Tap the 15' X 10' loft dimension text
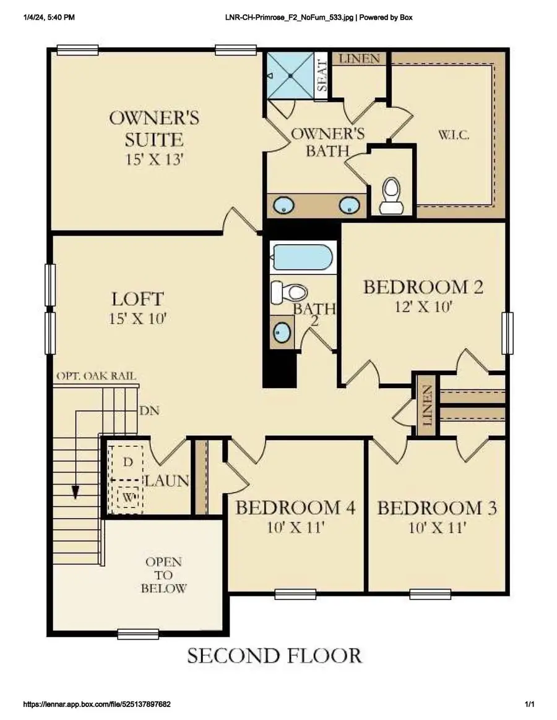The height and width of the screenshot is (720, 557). point(137,320)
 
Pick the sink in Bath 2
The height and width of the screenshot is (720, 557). point(282,332)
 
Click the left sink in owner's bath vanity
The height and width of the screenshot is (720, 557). point(284,205)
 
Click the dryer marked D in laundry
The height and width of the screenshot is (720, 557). point(128,462)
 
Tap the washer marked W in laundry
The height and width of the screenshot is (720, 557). point(128,496)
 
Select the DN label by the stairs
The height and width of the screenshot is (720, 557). point(148,410)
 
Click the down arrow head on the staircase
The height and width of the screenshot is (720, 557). point(76,492)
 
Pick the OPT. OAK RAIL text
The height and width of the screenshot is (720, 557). point(96,376)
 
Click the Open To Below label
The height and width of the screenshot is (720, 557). point(163,575)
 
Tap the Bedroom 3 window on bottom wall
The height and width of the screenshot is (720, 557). point(430,594)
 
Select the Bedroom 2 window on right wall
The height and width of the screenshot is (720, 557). point(507,333)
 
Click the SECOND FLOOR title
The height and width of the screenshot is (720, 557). point(274,655)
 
